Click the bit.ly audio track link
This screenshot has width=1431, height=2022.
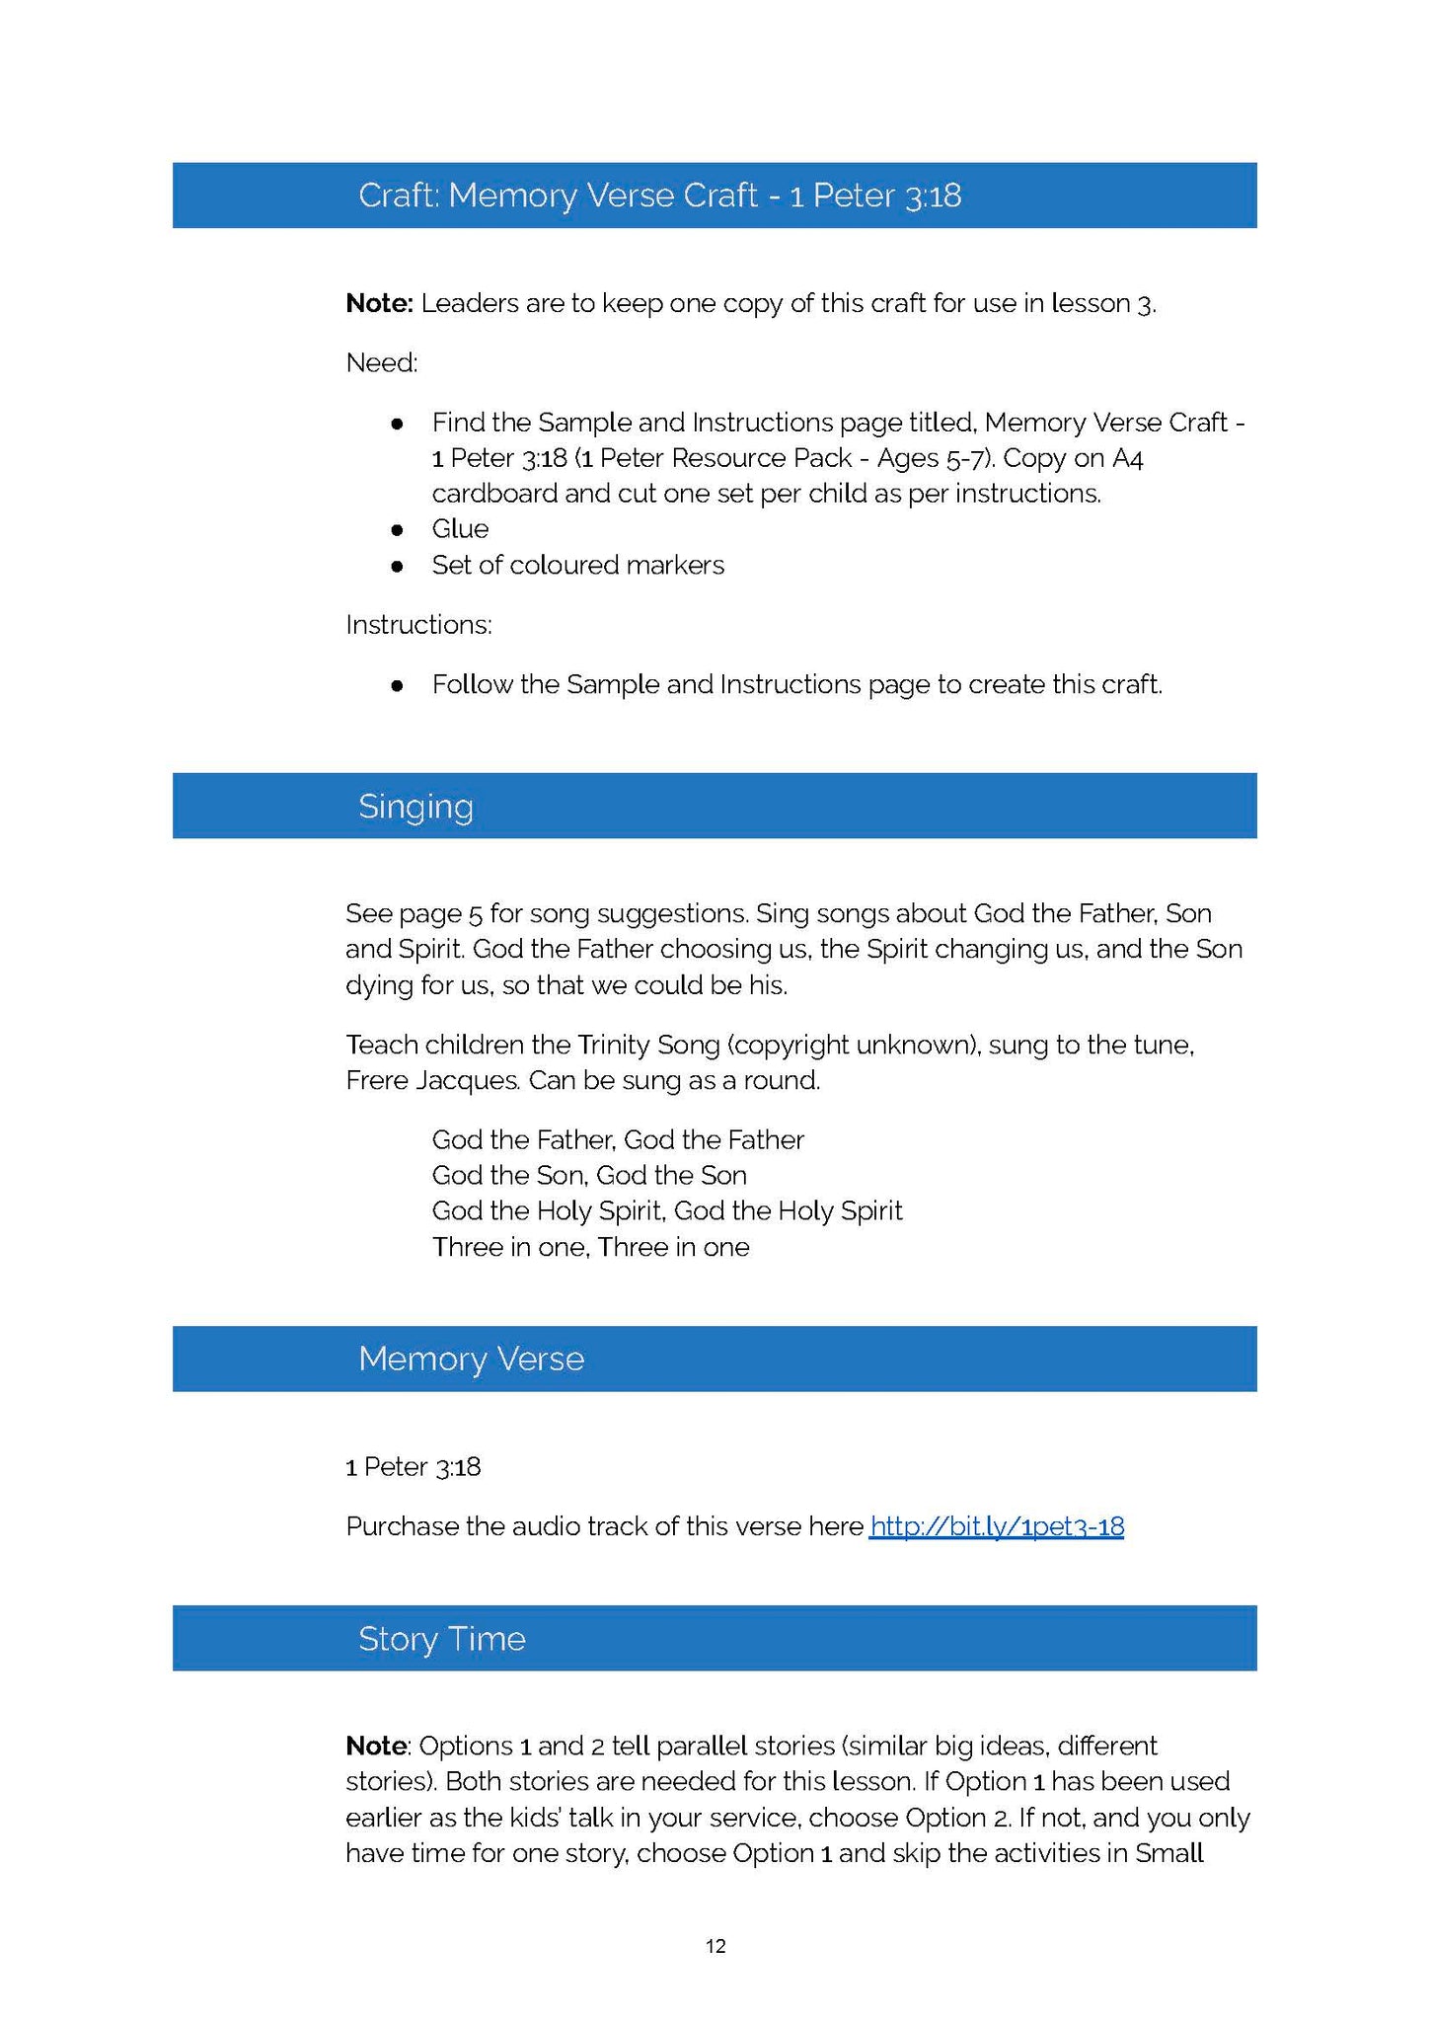click(996, 1526)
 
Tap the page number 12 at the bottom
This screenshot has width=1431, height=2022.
click(715, 1946)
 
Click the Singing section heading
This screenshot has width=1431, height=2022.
click(415, 807)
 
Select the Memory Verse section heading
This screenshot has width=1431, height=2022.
click(471, 1359)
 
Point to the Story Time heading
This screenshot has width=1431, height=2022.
click(441, 1639)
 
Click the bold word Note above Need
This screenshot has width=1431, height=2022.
click(379, 303)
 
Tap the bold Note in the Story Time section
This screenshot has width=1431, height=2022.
click(375, 1746)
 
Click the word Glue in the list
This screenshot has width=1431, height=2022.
click(460, 529)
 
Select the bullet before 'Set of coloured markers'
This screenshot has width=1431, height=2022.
click(397, 566)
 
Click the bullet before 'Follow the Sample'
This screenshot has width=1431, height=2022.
click(397, 685)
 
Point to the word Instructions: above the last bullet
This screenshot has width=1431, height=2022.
click(418, 625)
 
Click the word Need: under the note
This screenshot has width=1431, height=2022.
click(382, 363)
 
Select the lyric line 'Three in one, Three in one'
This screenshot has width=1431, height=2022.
click(590, 1247)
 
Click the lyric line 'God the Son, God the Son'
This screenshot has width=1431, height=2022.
click(589, 1175)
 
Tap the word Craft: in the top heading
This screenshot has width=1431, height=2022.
click(398, 195)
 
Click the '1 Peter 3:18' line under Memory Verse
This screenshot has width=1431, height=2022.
click(414, 1467)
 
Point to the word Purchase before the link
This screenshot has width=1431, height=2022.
click(402, 1526)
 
